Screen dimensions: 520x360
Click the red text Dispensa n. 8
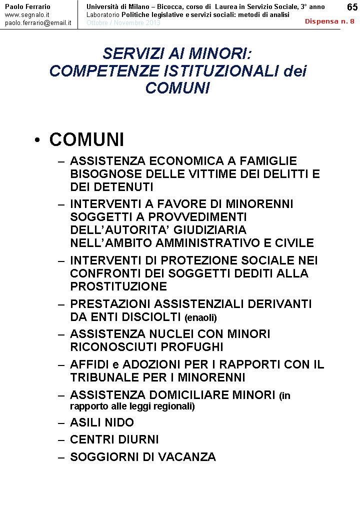pos(330,21)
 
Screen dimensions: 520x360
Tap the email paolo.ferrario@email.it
pos(38,23)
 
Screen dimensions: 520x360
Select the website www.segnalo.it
pos(27,15)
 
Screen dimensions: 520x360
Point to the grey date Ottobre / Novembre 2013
pos(123,23)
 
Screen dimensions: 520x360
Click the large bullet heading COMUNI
pos(86,140)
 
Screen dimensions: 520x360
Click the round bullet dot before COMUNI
pos(37,141)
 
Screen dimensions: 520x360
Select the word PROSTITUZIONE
pos(118,287)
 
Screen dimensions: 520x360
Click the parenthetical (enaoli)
pos(200,317)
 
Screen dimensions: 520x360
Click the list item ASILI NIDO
pos(102,422)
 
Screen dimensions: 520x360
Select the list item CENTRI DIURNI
pos(114,440)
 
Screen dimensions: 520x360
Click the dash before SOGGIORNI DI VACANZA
pos(61,457)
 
